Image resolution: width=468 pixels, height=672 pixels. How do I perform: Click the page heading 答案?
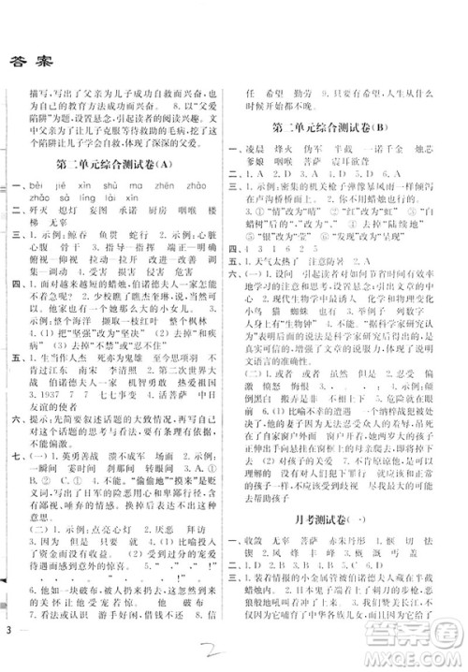click(34, 60)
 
